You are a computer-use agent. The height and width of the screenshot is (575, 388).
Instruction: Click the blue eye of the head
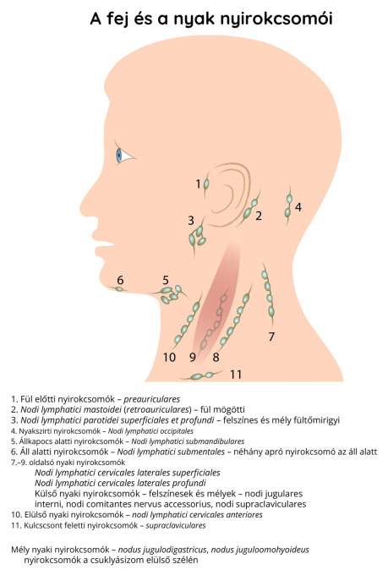[119, 156]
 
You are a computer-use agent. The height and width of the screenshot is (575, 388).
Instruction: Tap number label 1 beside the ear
[198, 183]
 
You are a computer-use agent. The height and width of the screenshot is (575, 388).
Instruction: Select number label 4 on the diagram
[298, 207]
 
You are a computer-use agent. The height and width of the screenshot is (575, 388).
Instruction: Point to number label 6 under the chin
[120, 280]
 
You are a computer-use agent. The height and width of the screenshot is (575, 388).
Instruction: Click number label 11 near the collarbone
[236, 374]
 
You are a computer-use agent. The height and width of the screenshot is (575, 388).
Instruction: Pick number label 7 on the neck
[271, 337]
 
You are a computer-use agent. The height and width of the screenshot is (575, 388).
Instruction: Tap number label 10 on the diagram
[169, 357]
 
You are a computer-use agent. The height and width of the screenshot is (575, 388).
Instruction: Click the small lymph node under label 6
[119, 289]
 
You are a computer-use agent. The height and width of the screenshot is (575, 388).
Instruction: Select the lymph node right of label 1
[206, 183]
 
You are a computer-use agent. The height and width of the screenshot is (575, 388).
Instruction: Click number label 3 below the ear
[191, 221]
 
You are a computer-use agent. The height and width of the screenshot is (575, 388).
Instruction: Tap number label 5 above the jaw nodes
[166, 280]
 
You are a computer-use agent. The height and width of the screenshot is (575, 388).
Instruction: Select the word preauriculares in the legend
[152, 399]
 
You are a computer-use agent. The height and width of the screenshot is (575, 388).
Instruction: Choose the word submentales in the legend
[203, 452]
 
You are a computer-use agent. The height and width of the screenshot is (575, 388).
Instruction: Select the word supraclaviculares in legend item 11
[176, 525]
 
